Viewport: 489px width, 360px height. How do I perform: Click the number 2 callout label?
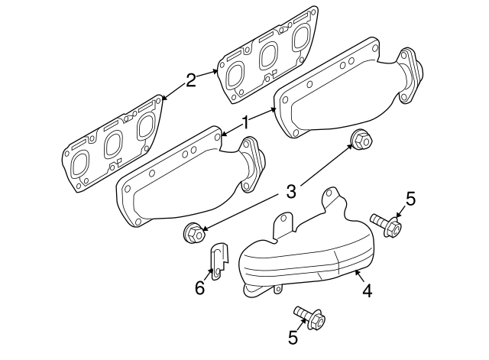(191, 78)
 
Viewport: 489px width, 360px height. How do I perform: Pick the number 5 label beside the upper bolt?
(410, 200)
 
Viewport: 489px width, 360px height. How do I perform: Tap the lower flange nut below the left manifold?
(194, 233)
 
